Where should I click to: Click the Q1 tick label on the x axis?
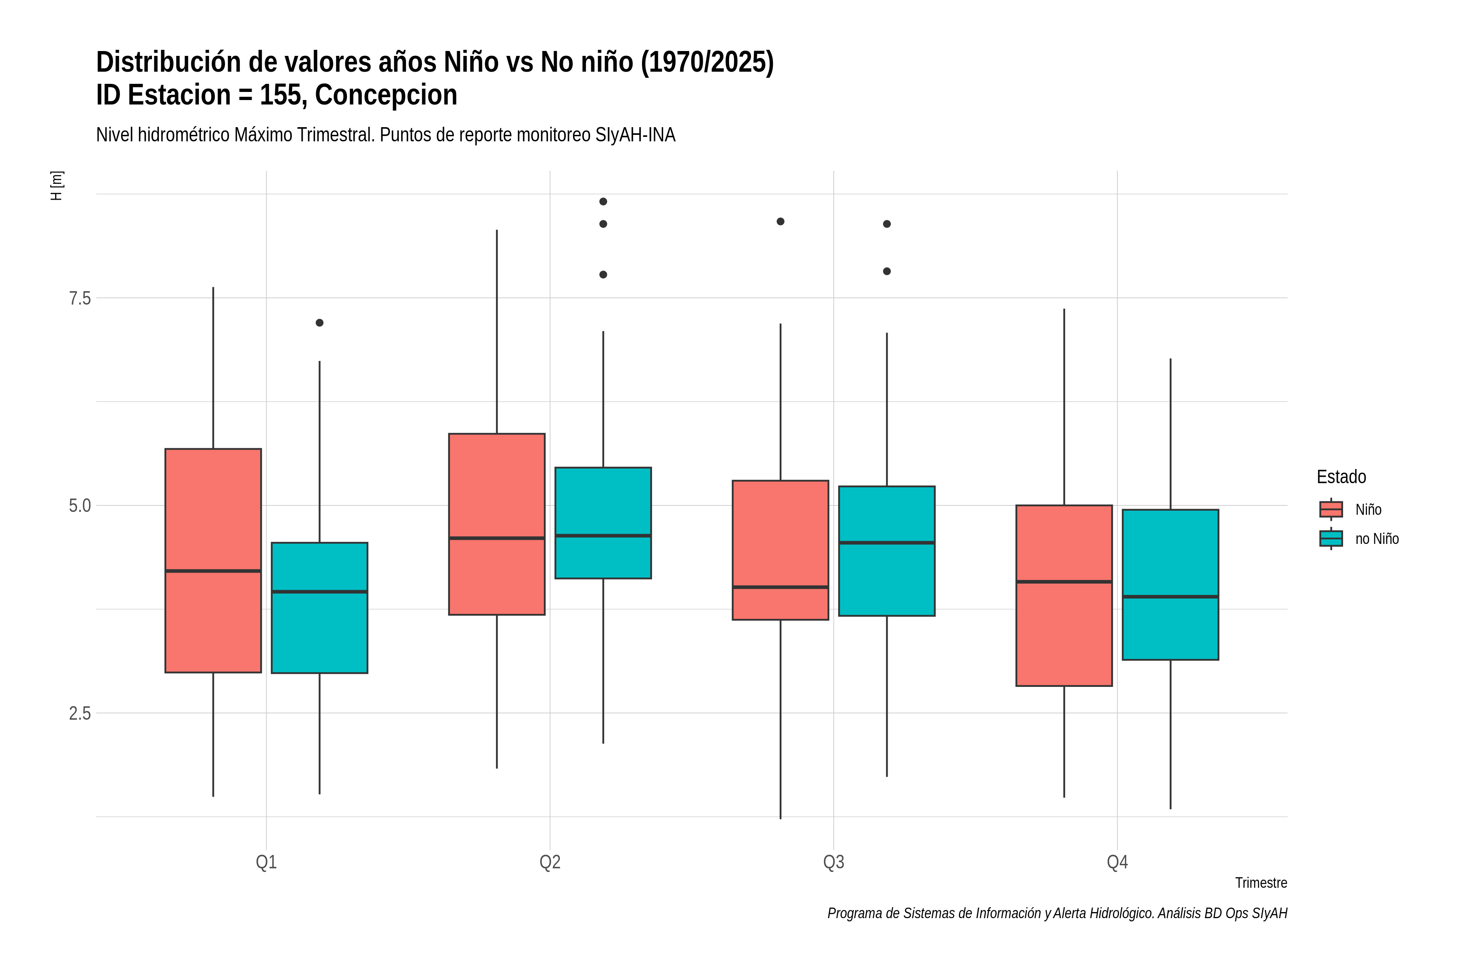(266, 862)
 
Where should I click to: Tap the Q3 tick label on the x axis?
(834, 862)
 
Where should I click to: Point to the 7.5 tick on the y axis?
(79, 298)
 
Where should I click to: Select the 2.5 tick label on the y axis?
(79, 714)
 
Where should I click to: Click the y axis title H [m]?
(56, 185)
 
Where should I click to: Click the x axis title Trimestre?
(1260, 883)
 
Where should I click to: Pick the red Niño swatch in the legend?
(1331, 509)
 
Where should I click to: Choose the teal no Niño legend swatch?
(1331, 538)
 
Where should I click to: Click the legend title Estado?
(1341, 477)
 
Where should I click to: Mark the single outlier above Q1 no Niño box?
(319, 322)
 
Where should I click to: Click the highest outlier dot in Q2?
(603, 201)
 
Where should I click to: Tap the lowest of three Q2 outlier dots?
(603, 275)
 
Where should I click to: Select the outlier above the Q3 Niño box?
(781, 221)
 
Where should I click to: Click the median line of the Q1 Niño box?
(214, 571)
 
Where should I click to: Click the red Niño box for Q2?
(497, 524)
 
